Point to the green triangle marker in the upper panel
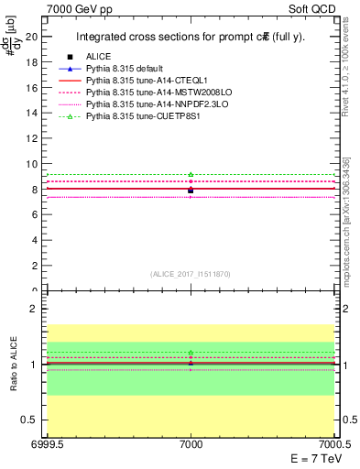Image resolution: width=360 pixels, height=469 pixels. point(191,174)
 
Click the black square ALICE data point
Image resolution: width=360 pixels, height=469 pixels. point(191,191)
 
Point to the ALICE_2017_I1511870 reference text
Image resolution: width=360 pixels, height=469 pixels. point(191,274)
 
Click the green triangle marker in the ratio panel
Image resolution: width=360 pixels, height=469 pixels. point(191,353)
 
